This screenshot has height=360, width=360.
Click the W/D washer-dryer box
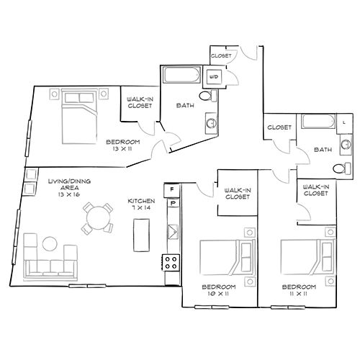click(x=214, y=77)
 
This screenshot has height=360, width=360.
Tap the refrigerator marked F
click(x=172, y=190)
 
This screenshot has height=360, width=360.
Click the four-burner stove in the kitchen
click(x=171, y=263)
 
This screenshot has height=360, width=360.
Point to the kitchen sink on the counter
click(x=173, y=232)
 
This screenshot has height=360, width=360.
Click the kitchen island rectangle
click(x=141, y=235)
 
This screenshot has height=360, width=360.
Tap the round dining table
click(x=99, y=218)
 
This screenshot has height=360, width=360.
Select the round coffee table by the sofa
click(x=50, y=244)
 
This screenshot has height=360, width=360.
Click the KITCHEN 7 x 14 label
click(x=141, y=204)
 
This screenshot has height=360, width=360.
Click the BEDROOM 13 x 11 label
click(x=123, y=145)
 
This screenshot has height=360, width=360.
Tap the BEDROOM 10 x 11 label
click(x=219, y=290)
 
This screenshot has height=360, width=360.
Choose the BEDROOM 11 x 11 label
click(x=299, y=290)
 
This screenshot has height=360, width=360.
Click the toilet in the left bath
click(x=208, y=96)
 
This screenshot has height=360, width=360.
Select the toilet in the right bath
click(x=342, y=168)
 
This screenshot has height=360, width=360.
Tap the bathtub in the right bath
click(x=318, y=122)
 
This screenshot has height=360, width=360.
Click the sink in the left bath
click(x=212, y=124)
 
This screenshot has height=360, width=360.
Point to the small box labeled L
click(x=345, y=123)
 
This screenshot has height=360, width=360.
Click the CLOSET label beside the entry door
click(x=221, y=55)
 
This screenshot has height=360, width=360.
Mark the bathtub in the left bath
click(x=181, y=75)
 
